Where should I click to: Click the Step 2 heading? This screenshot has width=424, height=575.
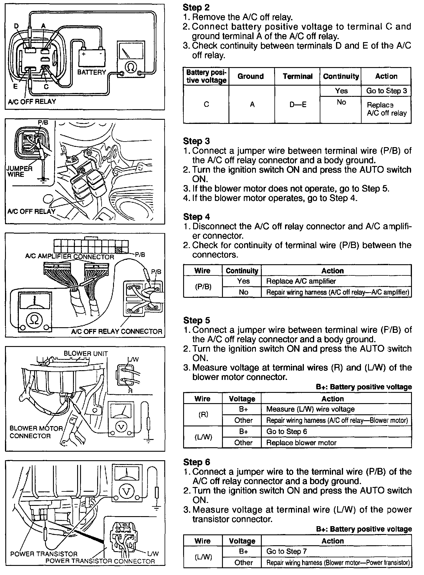click(196, 7)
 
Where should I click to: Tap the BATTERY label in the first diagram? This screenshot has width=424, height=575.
click(91, 72)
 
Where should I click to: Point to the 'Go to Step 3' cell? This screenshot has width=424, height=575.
click(386, 91)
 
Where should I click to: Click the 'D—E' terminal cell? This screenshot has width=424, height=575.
click(297, 104)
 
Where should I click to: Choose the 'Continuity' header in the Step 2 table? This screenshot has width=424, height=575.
click(341, 77)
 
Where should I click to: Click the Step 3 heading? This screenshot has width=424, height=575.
click(196, 141)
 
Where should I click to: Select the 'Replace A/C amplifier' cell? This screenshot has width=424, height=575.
click(301, 281)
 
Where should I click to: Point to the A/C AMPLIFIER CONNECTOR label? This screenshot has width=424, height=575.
click(70, 257)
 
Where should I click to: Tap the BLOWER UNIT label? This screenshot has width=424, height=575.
click(86, 354)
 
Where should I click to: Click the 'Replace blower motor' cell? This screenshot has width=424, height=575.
click(301, 443)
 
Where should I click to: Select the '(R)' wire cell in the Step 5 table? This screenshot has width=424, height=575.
click(203, 415)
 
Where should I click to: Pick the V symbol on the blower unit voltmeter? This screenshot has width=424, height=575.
click(121, 426)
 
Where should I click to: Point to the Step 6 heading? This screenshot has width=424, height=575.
click(196, 462)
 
